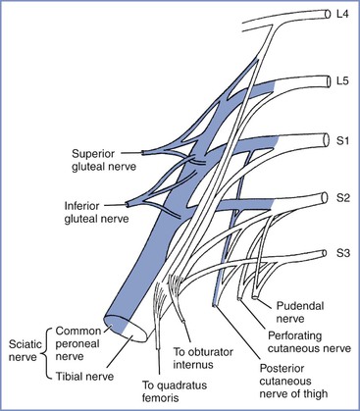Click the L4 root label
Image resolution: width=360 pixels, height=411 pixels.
[342, 15]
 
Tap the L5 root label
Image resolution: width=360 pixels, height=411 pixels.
[342, 81]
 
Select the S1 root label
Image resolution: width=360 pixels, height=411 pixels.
[343, 141]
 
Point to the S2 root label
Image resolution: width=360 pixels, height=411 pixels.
[343, 198]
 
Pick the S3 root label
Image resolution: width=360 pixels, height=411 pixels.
[343, 253]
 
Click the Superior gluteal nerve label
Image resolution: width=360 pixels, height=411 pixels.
[104, 160]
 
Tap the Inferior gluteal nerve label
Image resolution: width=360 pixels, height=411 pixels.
[97, 213]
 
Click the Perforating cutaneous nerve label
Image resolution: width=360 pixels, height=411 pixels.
[309, 342]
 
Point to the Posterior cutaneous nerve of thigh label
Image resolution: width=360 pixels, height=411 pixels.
[293, 382]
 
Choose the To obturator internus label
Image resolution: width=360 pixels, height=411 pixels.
[203, 358]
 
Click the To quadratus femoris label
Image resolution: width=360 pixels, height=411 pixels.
[175, 391]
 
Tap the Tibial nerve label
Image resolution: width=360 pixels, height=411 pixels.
[84, 377]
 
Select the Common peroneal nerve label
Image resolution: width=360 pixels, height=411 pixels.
[78, 343]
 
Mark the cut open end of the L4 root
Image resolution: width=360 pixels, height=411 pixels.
[328, 14]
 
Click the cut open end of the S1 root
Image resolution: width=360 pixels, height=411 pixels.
[326, 140]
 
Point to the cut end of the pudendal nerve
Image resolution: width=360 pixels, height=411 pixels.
[255, 297]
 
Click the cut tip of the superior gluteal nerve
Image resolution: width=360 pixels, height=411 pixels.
[142, 152]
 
